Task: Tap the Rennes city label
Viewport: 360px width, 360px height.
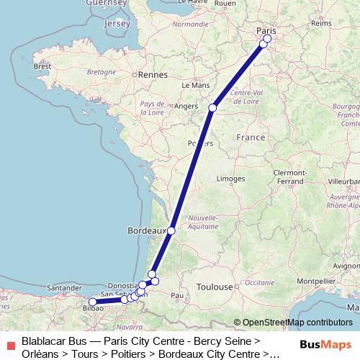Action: tap(153, 74)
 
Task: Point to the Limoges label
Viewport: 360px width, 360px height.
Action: tap(230, 178)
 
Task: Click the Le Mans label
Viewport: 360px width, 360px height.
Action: tap(195, 84)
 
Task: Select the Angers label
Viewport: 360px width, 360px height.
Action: tap(186, 106)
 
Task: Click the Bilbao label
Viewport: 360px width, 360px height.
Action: tap(94, 308)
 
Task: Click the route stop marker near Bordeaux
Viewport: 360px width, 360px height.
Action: tap(171, 230)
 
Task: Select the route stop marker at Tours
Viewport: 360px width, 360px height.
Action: tap(212, 108)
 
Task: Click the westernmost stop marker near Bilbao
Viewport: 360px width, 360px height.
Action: tap(92, 302)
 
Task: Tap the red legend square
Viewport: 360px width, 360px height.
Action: tap(10, 345)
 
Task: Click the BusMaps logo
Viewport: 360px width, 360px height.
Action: tap(325, 345)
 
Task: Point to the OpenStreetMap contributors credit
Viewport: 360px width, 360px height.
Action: tap(292, 323)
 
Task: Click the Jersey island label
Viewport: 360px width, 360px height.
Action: tap(117, 24)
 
